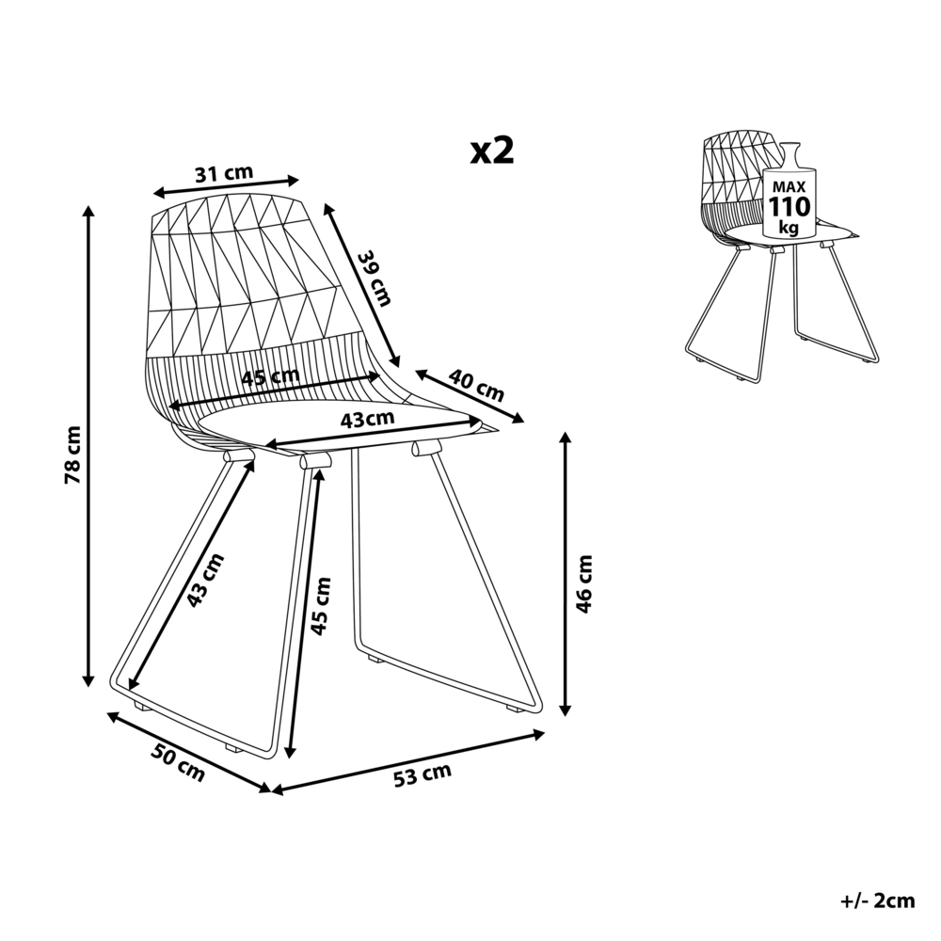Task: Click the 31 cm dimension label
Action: pos(224,173)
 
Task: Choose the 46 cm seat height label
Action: pos(584,582)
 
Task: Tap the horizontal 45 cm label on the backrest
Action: pos(270,378)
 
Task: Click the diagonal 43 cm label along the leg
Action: pos(206,580)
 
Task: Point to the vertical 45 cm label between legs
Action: pos(322,603)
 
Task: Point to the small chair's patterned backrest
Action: pos(730,169)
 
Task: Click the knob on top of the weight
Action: pos(789,151)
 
